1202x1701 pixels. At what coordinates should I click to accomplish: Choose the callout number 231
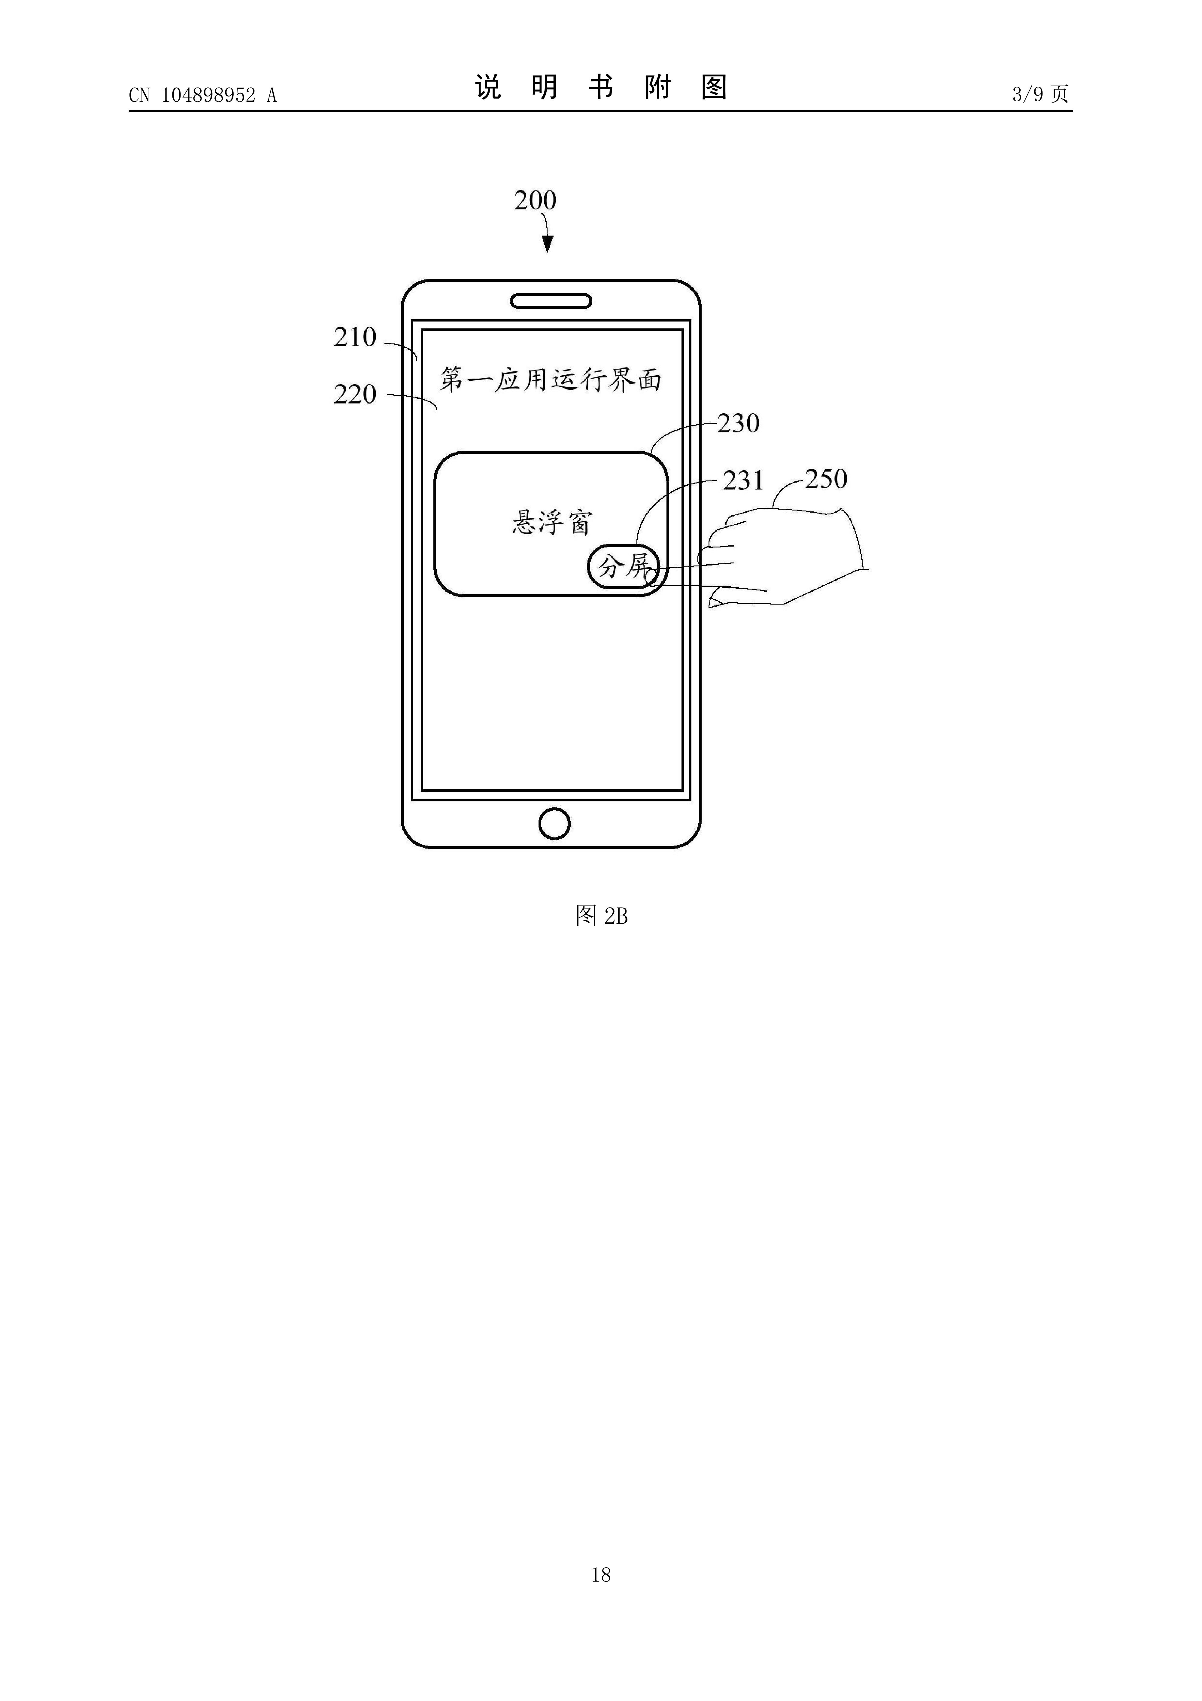pyautogui.click(x=743, y=481)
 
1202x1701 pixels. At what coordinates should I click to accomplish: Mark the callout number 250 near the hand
pyautogui.click(x=826, y=479)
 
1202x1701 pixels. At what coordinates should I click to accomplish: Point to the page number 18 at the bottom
pyautogui.click(x=601, y=1574)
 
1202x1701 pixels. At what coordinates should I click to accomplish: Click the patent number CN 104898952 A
pyautogui.click(x=202, y=95)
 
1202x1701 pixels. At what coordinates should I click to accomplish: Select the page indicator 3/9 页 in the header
pyautogui.click(x=1040, y=94)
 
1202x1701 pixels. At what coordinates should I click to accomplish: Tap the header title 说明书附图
pyautogui.click(x=601, y=87)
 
